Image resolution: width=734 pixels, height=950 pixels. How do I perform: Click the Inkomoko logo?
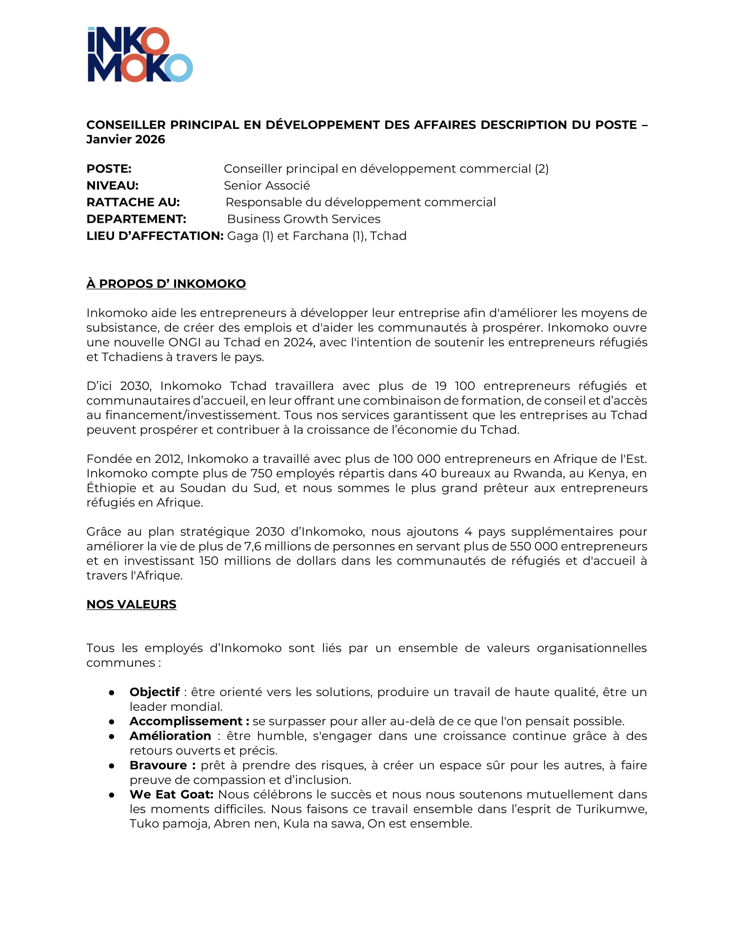(140, 54)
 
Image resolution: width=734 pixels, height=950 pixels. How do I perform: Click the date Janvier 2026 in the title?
(126, 139)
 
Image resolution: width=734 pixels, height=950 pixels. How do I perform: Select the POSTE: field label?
(109, 169)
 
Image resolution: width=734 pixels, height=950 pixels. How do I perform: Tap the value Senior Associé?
(266, 186)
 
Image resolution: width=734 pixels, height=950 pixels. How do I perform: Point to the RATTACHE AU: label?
(133, 202)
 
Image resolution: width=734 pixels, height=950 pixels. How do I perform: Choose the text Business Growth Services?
(304, 219)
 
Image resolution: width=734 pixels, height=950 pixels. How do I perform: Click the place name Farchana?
(320, 236)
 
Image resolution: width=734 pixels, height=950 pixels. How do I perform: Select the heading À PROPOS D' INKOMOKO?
(166, 284)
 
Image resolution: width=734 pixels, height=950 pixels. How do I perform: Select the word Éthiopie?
(111, 488)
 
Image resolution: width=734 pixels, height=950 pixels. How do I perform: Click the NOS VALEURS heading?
(131, 605)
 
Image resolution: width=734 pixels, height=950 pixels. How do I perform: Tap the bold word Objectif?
(155, 692)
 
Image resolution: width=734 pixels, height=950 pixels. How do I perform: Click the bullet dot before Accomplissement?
(112, 722)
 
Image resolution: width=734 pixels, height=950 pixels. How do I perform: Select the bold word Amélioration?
(170, 736)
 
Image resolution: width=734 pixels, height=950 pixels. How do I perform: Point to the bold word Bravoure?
(158, 765)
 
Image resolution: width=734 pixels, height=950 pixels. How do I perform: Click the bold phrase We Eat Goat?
(171, 794)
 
